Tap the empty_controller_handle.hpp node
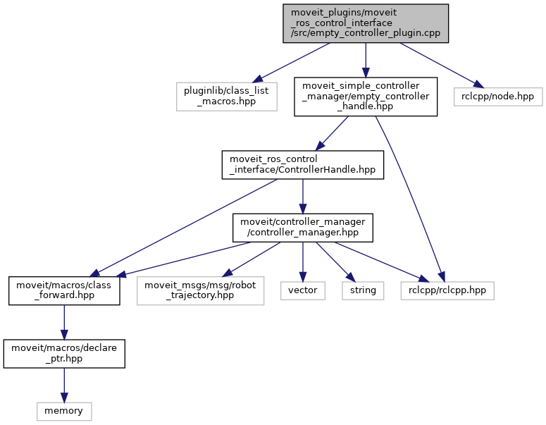pos(365,96)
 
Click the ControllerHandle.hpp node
pos(302,164)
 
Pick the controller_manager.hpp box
pos(302,226)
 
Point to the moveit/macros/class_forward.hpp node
pos(64,290)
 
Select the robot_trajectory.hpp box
pos(200,290)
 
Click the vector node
pos(302,290)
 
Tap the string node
pos(364,290)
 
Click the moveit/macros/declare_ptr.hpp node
pos(64,353)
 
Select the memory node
pos(64,410)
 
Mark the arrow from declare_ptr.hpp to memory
pos(64,384)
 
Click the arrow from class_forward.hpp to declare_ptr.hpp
pos(64,321)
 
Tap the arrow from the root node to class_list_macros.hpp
pos(291,62)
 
